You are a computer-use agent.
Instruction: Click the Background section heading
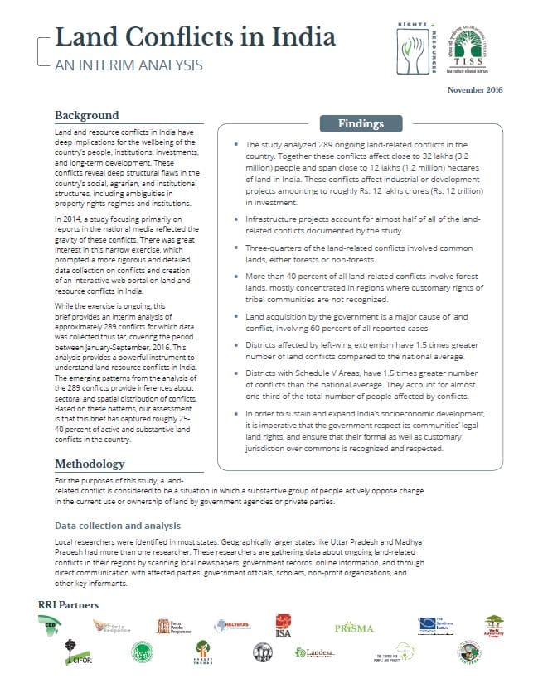[x=87, y=115]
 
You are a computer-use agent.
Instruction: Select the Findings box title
[x=361, y=124]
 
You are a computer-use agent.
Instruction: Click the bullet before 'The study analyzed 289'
[x=237, y=144]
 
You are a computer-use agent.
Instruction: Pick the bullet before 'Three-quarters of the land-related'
[x=237, y=248]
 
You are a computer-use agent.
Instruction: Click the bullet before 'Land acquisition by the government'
[x=237, y=316]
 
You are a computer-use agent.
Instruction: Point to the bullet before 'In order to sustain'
[x=237, y=413]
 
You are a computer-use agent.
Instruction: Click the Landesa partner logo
[x=316, y=654]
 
